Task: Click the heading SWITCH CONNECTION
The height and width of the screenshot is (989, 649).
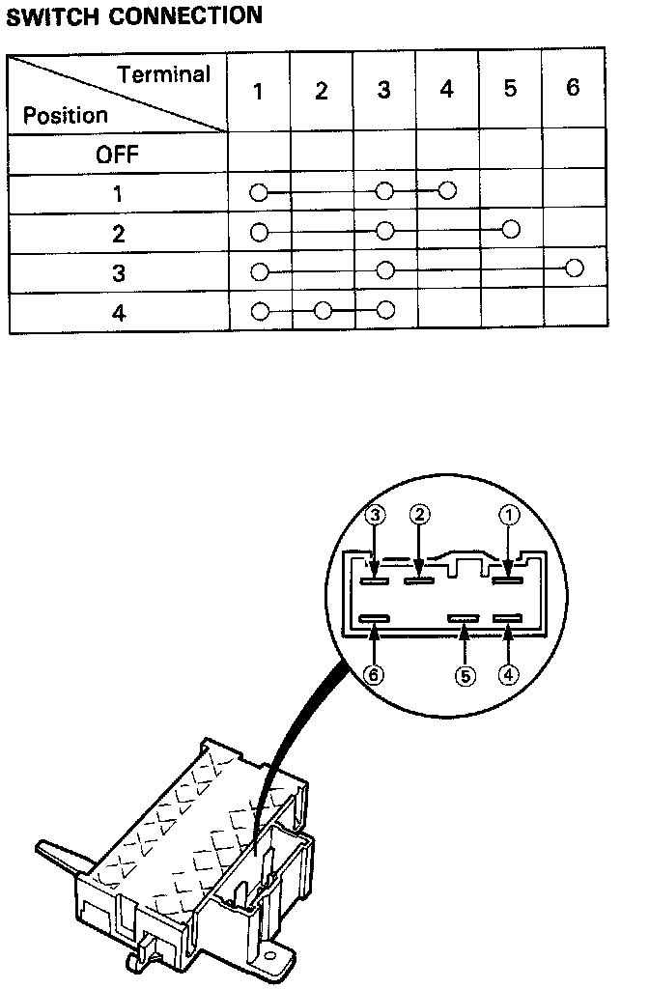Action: click(134, 15)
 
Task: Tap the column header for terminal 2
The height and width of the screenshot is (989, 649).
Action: click(322, 92)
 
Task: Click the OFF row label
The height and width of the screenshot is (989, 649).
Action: click(117, 155)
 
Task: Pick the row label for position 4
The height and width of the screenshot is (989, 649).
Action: click(118, 314)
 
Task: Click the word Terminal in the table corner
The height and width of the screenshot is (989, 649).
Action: click(163, 73)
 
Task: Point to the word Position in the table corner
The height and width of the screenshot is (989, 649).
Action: click(66, 116)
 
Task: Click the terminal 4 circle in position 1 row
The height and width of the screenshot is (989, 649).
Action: click(446, 189)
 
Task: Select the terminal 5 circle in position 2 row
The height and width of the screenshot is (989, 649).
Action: click(511, 229)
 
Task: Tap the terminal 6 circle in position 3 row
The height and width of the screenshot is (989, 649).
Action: click(575, 268)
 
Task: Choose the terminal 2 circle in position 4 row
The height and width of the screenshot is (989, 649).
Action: click(323, 310)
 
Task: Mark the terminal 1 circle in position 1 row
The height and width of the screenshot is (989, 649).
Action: click(258, 192)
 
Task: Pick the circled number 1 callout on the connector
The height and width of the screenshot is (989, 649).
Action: click(509, 515)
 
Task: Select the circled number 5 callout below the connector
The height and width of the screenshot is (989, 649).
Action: click(466, 675)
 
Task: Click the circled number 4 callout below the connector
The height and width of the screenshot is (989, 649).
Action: click(509, 675)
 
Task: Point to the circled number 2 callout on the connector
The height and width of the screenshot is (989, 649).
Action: click(419, 515)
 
